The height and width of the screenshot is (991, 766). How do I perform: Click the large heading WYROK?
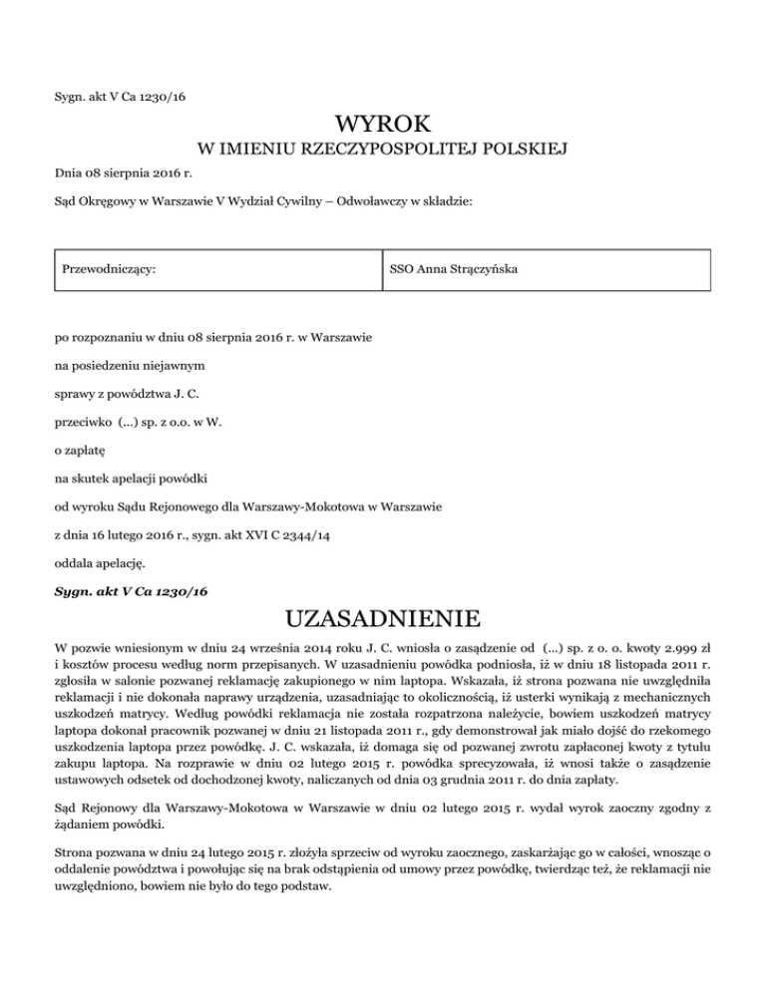(x=383, y=125)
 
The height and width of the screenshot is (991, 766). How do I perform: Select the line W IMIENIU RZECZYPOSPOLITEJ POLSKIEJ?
(x=383, y=152)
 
